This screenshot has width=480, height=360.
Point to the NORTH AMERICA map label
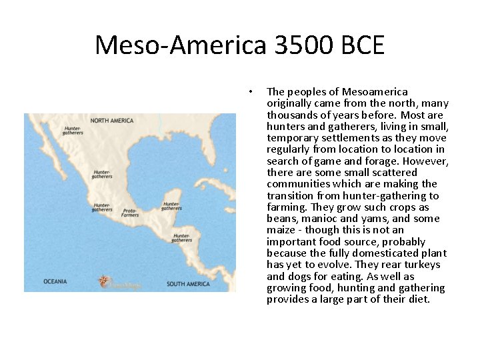point(112,121)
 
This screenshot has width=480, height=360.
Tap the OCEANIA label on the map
point(55,281)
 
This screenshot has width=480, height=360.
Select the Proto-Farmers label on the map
point(131,213)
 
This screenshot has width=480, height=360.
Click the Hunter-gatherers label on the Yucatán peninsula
point(171,206)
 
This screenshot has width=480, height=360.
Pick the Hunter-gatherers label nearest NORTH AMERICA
point(73,130)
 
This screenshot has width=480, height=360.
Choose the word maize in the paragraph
point(279,230)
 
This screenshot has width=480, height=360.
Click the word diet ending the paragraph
point(418,299)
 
